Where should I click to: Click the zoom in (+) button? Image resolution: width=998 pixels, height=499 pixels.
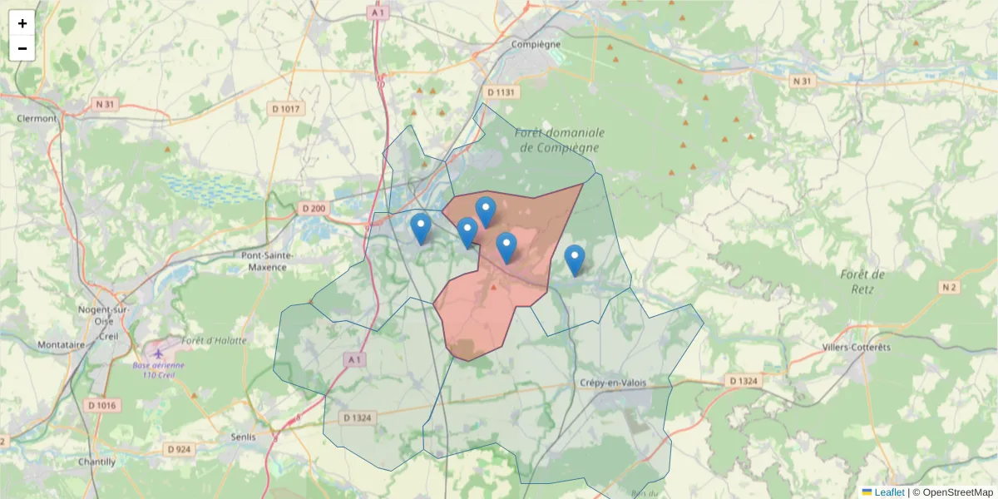[22, 23]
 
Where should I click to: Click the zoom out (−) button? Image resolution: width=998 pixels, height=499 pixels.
[22, 48]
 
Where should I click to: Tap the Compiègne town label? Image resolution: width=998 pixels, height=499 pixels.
[536, 44]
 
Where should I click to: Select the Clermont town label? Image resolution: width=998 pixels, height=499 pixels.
[37, 118]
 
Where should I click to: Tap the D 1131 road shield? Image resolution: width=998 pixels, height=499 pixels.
[501, 92]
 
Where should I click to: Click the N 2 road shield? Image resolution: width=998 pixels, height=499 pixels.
[950, 287]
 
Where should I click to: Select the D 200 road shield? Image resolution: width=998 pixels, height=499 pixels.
[313, 208]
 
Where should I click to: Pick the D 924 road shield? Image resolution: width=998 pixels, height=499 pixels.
[179, 449]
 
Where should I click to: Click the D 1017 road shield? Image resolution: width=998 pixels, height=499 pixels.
[288, 108]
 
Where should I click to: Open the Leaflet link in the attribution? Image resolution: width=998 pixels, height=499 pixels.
[888, 492]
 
